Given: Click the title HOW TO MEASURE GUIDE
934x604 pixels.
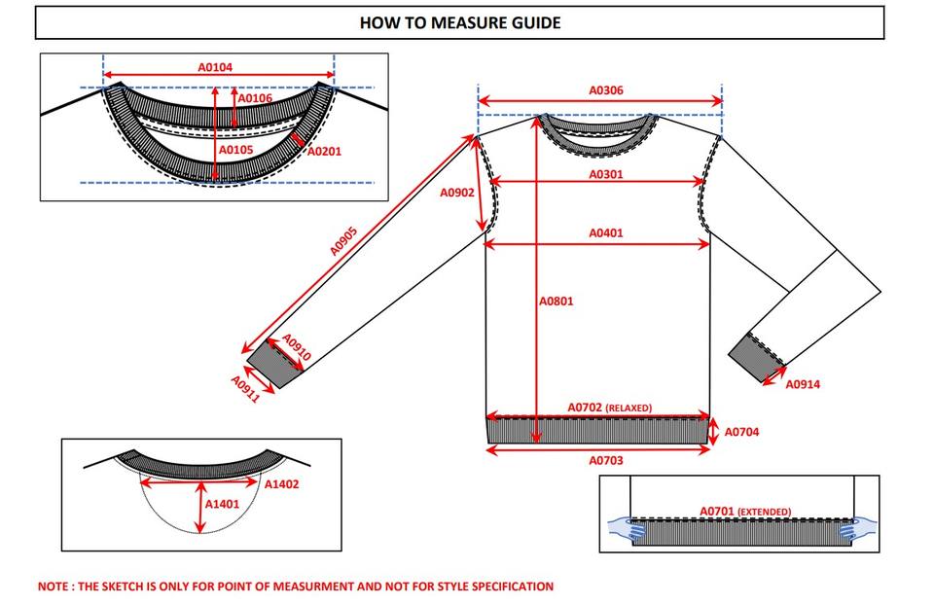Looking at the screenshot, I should [459, 22].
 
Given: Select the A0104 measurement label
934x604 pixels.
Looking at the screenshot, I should [215, 67].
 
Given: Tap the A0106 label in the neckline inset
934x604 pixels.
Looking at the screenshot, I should [256, 98].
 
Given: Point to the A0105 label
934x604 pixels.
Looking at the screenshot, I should [235, 151].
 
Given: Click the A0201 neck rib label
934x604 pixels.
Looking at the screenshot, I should [324, 152].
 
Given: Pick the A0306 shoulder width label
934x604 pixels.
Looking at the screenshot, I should [606, 90].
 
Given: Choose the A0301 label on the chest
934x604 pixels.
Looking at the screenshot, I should [606, 175].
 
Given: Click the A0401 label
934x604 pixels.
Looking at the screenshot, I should [606, 233].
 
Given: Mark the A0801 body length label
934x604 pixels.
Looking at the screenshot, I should [557, 302].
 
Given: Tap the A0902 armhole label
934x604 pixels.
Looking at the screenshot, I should [457, 193].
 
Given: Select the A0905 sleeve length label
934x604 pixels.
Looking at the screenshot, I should [343, 241].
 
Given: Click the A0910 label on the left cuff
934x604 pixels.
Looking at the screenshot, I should [296, 348].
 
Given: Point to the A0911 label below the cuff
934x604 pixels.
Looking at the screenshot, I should [245, 389].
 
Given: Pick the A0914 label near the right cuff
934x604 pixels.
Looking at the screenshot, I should [803, 385].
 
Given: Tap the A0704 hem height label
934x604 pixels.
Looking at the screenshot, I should [742, 432].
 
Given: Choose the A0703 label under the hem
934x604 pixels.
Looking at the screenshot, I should [606, 461].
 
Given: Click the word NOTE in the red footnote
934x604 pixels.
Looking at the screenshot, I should [53, 586].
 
